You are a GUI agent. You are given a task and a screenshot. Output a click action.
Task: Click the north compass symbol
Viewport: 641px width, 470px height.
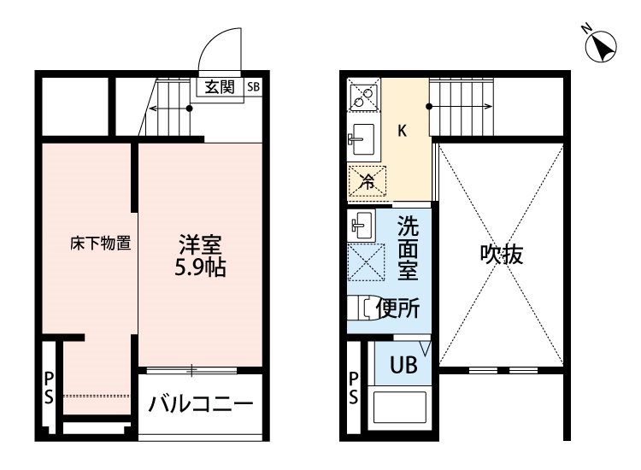click(x=600, y=46)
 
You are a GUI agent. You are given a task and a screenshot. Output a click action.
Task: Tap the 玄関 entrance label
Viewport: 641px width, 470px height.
click(x=220, y=87)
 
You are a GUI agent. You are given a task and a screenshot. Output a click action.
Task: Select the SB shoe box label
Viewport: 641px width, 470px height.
click(x=254, y=86)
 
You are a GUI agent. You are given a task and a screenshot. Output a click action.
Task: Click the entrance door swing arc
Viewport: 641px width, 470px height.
click(x=215, y=41)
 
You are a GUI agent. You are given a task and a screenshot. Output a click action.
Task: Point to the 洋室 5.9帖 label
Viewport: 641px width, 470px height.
click(x=200, y=256)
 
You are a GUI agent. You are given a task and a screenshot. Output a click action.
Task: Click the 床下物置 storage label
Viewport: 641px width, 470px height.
click(x=101, y=244)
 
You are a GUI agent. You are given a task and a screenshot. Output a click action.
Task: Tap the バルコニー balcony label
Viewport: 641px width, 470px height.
click(x=201, y=404)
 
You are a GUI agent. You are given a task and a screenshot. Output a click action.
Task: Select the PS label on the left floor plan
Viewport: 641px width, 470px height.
click(x=49, y=387)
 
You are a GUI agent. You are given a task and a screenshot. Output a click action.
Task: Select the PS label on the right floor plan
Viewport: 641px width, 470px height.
click(x=353, y=387)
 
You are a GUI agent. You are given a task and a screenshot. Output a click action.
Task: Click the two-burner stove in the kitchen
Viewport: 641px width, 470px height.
click(x=364, y=95)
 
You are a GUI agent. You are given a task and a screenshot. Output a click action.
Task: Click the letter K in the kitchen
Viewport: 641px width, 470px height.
click(x=403, y=132)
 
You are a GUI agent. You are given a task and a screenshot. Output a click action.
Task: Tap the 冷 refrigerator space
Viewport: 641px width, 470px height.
click(x=368, y=182)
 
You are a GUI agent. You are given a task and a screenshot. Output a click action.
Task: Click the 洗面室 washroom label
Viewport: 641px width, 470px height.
click(x=408, y=248)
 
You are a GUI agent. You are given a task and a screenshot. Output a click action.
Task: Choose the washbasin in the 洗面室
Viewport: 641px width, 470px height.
click(x=362, y=225)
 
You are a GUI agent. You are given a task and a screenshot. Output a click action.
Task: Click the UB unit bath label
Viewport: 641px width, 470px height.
click(x=403, y=365)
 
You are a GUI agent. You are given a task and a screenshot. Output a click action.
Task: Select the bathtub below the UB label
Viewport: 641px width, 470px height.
click(x=400, y=408)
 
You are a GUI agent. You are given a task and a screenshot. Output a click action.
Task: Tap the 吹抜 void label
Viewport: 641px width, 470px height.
click(x=502, y=255)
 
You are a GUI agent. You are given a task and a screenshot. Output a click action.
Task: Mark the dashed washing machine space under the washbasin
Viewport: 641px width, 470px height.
click(x=367, y=262)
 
